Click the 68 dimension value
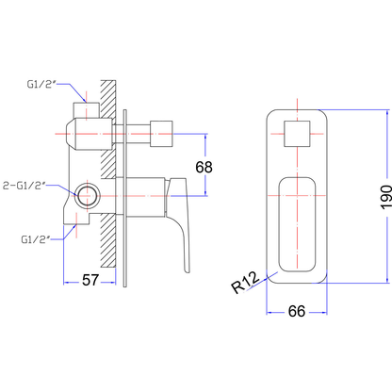pyautogui.click(x=204, y=167)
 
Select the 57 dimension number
pyautogui.click(x=90, y=280)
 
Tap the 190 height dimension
pyautogui.click(x=386, y=197)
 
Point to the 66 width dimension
pyautogui.click(x=297, y=311)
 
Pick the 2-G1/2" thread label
pyautogui.click(x=24, y=186)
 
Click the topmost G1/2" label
pyautogui.click(x=41, y=84)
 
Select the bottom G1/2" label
pyautogui.click(x=36, y=239)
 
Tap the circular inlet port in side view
pyautogui.click(x=88, y=196)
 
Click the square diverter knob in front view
pyautogui.click(x=297, y=134)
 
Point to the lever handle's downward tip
pyautogui.click(x=187, y=270)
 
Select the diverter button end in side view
pyautogui.click(x=161, y=134)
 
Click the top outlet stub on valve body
pyautogui.click(x=86, y=110)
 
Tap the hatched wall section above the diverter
pyautogui.click(x=108, y=99)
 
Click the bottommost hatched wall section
pyautogui.click(x=108, y=241)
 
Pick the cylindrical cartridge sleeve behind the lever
pyautogui.click(x=140, y=197)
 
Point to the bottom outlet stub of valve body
pyautogui.click(x=76, y=219)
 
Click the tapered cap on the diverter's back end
pyautogui.click(x=71, y=134)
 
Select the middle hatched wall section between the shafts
pyautogui.click(x=108, y=164)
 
